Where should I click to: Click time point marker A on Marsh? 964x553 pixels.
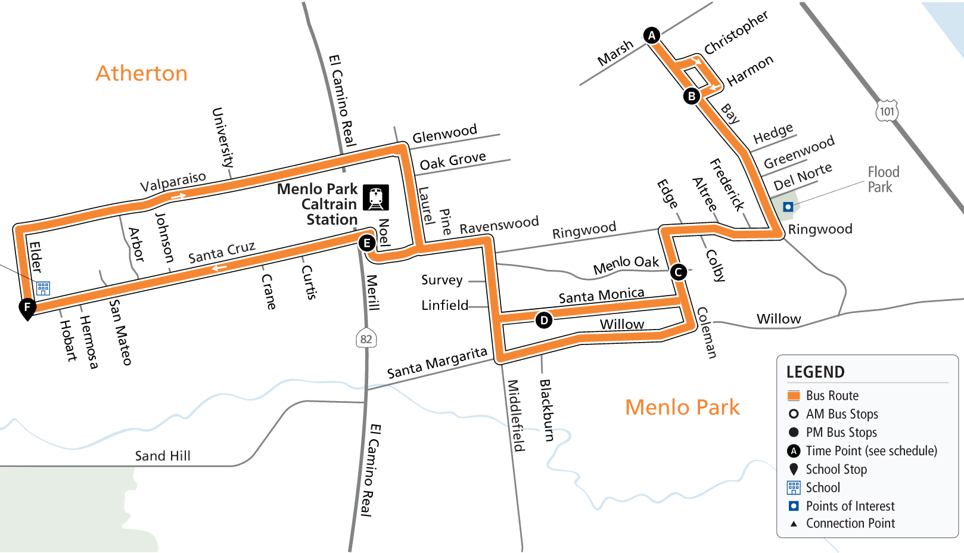(652, 35)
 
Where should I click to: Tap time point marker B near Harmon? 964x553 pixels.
(691, 96)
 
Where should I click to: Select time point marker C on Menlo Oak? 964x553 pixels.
(678, 272)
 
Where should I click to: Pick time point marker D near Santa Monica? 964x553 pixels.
(543, 321)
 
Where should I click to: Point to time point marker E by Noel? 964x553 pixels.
(367, 243)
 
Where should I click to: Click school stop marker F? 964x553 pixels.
(27, 307)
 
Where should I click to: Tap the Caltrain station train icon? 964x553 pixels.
(376, 197)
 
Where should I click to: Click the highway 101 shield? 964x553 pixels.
(887, 111)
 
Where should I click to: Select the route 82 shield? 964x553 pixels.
(366, 339)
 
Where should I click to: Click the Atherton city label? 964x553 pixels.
(142, 73)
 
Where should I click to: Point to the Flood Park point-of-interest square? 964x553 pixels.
(788, 207)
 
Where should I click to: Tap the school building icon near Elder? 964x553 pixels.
(43, 288)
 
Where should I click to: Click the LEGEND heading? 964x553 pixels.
(815, 372)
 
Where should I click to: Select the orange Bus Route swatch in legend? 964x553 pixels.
(794, 396)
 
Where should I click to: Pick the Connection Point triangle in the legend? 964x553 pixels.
(794, 524)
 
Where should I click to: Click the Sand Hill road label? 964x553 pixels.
(163, 456)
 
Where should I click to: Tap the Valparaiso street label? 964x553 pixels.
(173, 182)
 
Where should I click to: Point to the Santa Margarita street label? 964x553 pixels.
(437, 363)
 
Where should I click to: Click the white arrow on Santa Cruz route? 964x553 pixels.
(219, 268)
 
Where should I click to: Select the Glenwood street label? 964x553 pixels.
(444, 133)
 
